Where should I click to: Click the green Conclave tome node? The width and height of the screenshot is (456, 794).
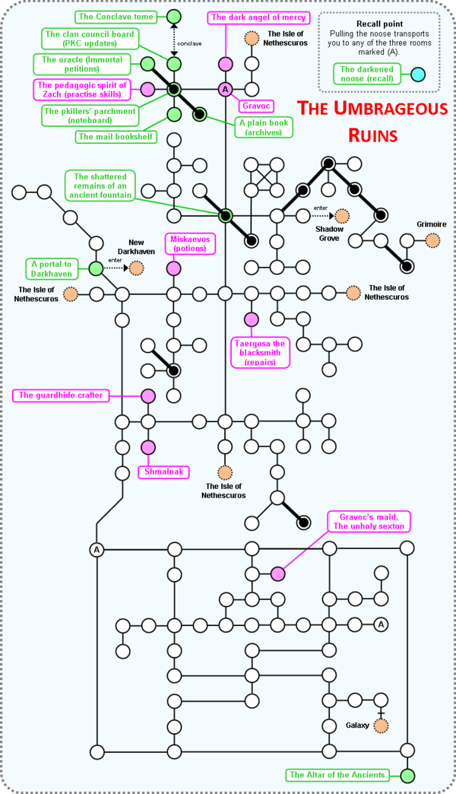(x=174, y=16)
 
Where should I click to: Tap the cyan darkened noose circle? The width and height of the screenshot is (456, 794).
(x=417, y=75)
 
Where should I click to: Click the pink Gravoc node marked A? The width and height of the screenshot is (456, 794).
(x=225, y=90)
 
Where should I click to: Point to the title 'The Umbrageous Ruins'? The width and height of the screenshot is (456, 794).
(x=372, y=122)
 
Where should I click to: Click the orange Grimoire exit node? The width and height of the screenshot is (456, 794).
(x=432, y=241)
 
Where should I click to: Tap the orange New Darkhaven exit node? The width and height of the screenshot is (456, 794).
(x=137, y=268)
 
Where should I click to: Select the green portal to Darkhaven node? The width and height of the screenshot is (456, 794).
(x=96, y=268)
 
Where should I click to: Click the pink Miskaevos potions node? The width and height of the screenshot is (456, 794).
(x=174, y=268)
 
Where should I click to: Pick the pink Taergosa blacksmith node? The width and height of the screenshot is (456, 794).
(x=251, y=319)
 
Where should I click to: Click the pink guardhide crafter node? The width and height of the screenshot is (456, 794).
(x=148, y=395)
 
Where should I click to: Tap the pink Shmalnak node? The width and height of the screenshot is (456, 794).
(x=148, y=447)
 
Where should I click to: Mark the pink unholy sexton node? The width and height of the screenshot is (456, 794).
(x=277, y=574)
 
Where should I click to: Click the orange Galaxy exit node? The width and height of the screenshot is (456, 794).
(x=380, y=725)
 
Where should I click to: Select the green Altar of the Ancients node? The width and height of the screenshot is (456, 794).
(x=407, y=776)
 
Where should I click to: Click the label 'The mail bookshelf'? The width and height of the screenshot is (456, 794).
(x=115, y=137)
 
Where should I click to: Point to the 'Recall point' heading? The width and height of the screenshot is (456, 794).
(x=378, y=24)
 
